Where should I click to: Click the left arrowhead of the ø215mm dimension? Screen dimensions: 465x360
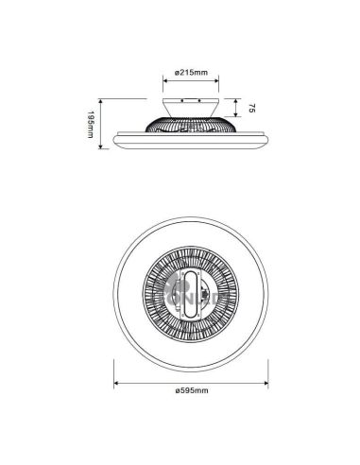tap(166, 83)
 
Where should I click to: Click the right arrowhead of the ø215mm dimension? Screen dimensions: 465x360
tap(224, 83)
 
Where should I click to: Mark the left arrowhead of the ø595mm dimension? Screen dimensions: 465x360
tap(115, 383)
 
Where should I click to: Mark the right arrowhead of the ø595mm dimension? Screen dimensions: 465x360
tap(272, 383)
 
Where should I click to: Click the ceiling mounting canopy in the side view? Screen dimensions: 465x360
tap(195, 106)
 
